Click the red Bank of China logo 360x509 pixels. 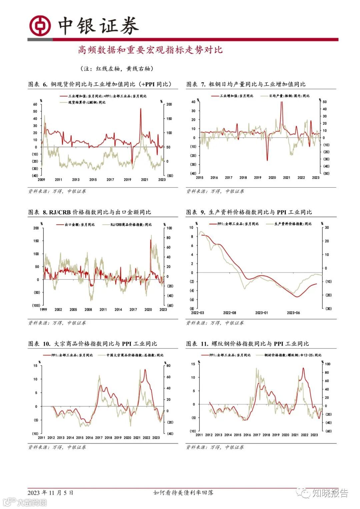pyautogui.click(x=40, y=26)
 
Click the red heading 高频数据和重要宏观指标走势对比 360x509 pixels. pyautogui.click(x=150, y=50)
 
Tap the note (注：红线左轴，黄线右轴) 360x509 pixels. pyautogui.click(x=117, y=69)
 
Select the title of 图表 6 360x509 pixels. pyautogui.click(x=100, y=84)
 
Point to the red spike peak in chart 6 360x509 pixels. pyautogui.click(x=140, y=109)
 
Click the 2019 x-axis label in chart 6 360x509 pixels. pyautogui.click(x=127, y=180)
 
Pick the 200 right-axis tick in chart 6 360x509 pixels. pyautogui.click(x=169, y=104)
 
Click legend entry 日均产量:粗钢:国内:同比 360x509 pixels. pyautogui.click(x=289, y=96)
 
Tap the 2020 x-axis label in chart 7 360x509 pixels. pyautogui.click(x=272, y=178)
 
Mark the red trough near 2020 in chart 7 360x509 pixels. pyautogui.click(x=267, y=160)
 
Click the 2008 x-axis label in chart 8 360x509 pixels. pyautogui.click(x=88, y=310)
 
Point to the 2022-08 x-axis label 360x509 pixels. pyautogui.click(x=229, y=313)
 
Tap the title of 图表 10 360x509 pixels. pyautogui.click(x=92, y=344)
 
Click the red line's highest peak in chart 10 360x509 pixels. pyautogui.click(x=145, y=370)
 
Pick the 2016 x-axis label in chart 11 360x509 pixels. pyautogui.click(x=247, y=435)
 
